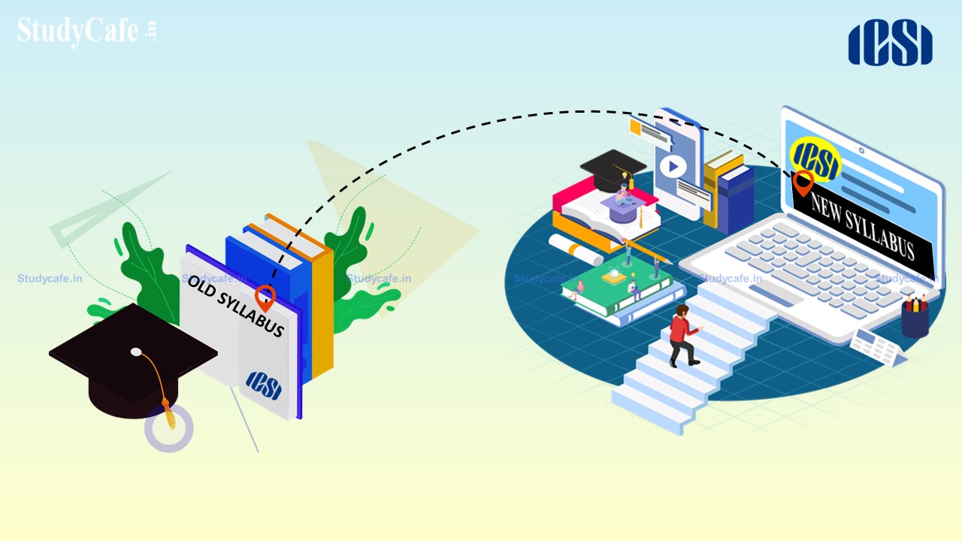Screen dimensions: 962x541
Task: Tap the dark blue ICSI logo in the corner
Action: pyautogui.click(x=890, y=43)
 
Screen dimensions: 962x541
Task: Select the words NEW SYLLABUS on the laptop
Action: pyautogui.click(x=862, y=226)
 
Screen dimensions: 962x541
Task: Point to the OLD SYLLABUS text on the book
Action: pyautogui.click(x=236, y=305)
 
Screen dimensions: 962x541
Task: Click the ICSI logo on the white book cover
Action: pyautogui.click(x=264, y=385)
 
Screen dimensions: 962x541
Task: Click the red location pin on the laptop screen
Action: pyautogui.click(x=803, y=183)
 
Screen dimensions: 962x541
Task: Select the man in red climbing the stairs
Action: pyautogui.click(x=684, y=336)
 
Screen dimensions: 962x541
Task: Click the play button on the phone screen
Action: pyautogui.click(x=673, y=166)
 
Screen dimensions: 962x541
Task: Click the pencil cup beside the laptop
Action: pyautogui.click(x=915, y=316)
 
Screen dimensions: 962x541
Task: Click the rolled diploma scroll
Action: pyautogui.click(x=576, y=249)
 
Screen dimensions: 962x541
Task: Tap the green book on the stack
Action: pyautogui.click(x=617, y=284)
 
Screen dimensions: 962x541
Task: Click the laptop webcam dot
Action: pyautogui.click(x=861, y=150)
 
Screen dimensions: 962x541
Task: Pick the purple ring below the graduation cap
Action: pyautogui.click(x=169, y=428)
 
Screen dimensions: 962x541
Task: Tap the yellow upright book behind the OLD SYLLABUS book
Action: pyautogui.click(x=322, y=313)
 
